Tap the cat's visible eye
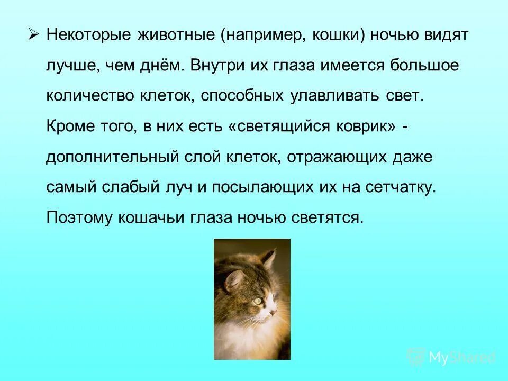click(257, 301)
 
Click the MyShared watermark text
click(462, 357)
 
